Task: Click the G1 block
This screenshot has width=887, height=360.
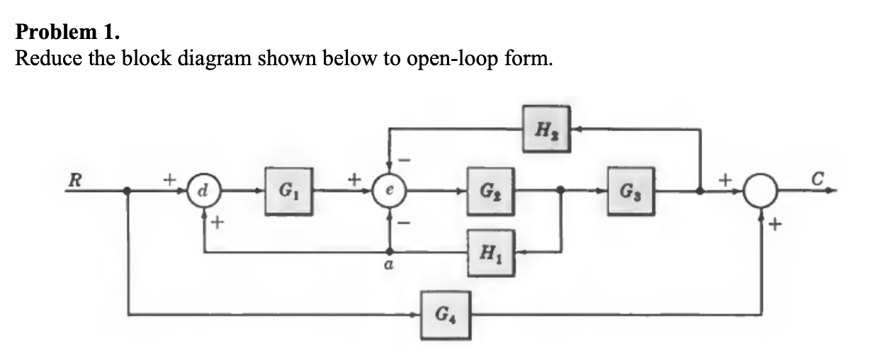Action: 288,191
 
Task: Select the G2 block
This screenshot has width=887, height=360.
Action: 487,191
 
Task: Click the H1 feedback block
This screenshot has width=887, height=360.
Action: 488,252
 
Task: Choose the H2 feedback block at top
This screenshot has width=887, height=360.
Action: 546,129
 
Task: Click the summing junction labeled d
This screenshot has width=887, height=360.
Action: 203,191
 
